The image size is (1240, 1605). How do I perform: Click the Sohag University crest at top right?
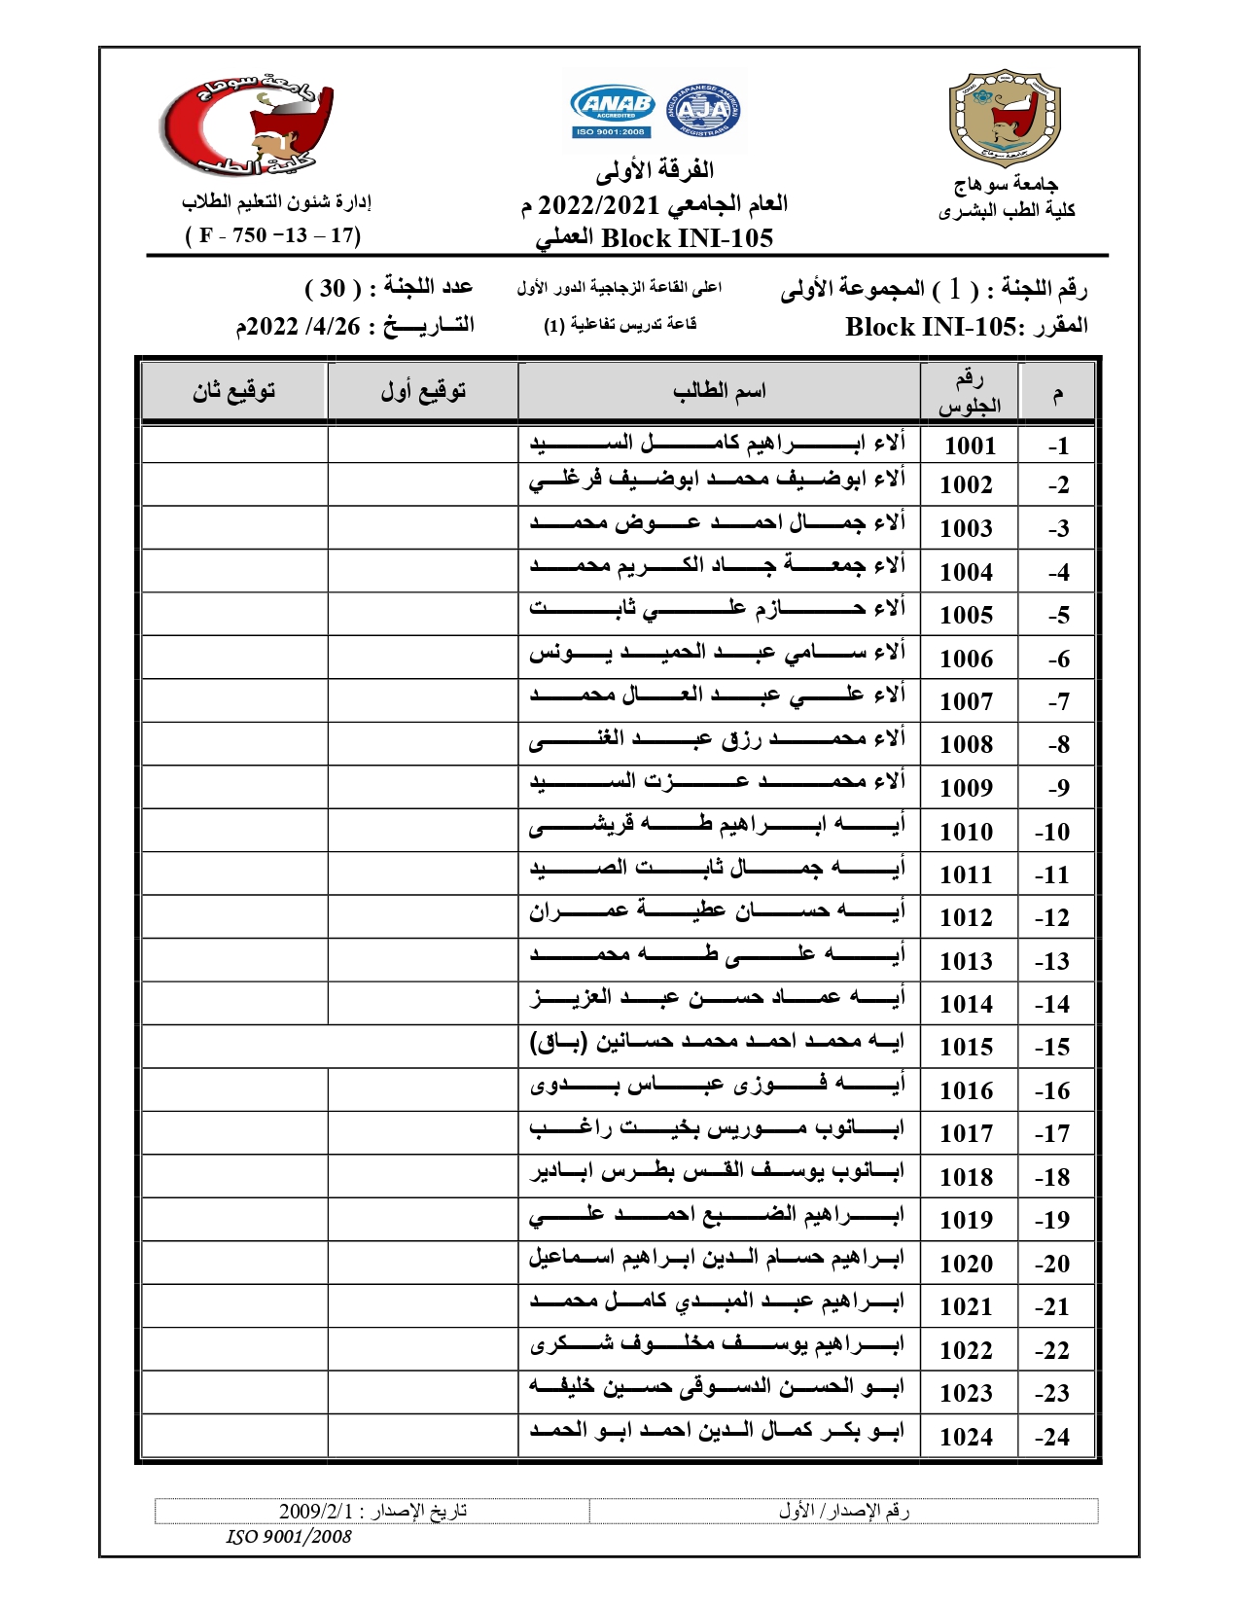pos(1005,118)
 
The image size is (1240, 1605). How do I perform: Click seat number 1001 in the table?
pos(970,446)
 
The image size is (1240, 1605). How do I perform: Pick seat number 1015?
pos(966,1047)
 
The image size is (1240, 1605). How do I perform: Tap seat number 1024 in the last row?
pos(966,1437)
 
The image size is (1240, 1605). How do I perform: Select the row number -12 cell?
pos(1052,917)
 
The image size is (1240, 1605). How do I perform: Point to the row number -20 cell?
pos(1052,1264)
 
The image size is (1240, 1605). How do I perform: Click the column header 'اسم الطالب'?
pos(720,391)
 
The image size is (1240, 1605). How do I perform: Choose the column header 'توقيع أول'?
pos(423,391)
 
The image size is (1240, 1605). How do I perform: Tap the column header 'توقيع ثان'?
pos(233,391)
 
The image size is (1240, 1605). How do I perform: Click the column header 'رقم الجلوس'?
pos(969,392)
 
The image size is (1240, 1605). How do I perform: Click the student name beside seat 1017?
pos(718,1130)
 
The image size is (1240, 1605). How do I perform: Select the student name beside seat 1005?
pos(718,611)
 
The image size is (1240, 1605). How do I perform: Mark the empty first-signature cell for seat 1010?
pos(423,831)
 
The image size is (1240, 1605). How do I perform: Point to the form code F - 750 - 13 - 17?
pos(272,235)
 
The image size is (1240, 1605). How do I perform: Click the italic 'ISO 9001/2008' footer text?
pos(289,1537)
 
